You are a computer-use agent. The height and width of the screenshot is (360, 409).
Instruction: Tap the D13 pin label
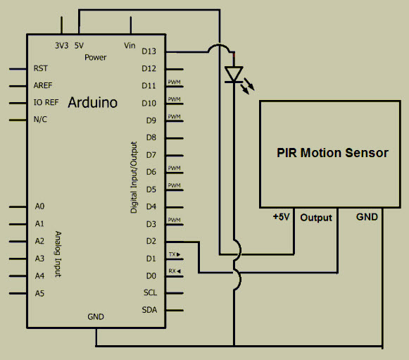coord(149,51)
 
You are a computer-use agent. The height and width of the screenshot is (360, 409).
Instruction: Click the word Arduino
coord(93,104)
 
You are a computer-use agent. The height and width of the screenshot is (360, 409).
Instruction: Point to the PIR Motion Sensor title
coord(332,153)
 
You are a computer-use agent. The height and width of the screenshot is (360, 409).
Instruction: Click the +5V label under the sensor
coord(282,217)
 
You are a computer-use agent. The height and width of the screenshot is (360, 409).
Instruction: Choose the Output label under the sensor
coord(316,218)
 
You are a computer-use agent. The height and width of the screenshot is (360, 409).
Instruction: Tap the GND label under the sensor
coord(367,217)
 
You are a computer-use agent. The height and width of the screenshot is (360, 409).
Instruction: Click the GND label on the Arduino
coord(96,316)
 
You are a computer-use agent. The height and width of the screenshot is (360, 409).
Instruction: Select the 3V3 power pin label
coord(62,45)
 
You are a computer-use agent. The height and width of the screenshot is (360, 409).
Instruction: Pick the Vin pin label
coord(130,45)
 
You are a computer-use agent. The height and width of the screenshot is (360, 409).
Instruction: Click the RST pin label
coord(41,69)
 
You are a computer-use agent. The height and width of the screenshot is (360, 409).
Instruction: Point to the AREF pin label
coord(43,86)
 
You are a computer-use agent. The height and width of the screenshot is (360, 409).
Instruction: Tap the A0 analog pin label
coord(40,206)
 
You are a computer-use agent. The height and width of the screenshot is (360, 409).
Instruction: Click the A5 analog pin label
coord(40,292)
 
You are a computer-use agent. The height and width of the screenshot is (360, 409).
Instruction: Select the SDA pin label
coord(150,310)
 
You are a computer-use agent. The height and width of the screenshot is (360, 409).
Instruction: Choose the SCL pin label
coord(150,292)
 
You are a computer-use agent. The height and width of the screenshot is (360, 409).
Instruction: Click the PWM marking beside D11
coord(174,82)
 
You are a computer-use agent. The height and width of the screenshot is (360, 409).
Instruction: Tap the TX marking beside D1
coord(173,254)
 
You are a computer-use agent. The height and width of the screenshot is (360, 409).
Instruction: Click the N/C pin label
coord(41,120)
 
